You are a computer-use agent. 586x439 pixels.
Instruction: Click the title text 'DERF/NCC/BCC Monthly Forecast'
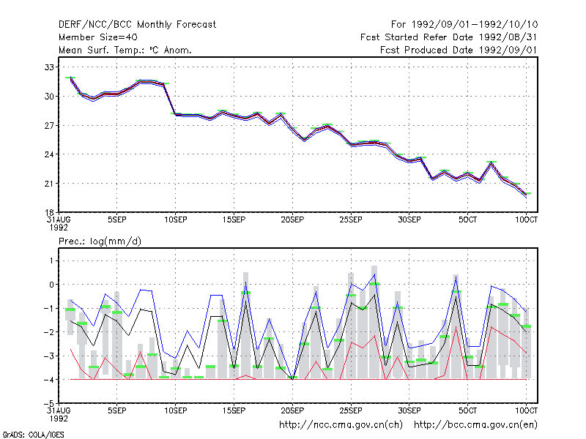[x=137, y=25]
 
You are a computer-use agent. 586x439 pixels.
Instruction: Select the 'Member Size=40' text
[x=98, y=37]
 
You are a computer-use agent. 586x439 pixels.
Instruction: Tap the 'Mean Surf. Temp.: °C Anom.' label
[x=125, y=50]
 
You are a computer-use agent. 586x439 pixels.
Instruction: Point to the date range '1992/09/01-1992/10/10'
[x=475, y=25]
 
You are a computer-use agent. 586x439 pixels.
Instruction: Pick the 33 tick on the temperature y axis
[x=49, y=67]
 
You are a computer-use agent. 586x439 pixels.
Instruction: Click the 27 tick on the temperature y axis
[x=49, y=125]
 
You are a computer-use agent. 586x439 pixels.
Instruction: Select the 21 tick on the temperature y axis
[x=49, y=184]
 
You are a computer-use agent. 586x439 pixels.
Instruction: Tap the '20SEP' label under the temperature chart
[x=292, y=220]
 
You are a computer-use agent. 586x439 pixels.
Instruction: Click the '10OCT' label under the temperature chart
[x=526, y=220]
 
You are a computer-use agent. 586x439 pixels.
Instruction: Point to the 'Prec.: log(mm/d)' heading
[x=100, y=241]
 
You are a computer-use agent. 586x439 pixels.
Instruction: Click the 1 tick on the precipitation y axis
[x=51, y=260]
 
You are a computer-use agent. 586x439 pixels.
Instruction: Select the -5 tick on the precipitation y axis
[x=48, y=403]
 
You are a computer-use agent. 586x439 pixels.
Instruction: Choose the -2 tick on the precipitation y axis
[x=48, y=332]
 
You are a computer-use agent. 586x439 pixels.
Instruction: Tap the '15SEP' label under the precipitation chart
[x=234, y=410]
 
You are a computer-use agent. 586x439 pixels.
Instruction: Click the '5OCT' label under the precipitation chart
[x=467, y=410]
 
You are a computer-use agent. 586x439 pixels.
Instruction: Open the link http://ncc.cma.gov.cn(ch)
[x=341, y=425]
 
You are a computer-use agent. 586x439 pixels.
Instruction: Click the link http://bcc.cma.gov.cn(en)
[x=475, y=425]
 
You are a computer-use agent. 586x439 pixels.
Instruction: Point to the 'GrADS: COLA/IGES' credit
[x=33, y=435]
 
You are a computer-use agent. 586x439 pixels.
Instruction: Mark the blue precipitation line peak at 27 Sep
[x=374, y=274]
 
